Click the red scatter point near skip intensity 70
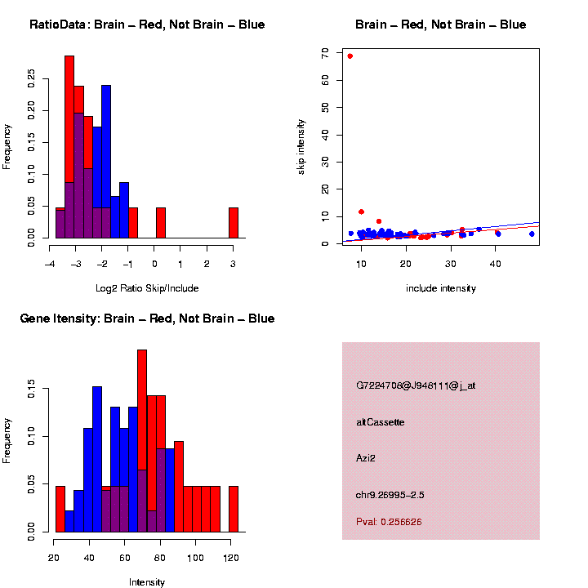click(350, 56)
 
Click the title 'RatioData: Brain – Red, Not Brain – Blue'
click(147, 25)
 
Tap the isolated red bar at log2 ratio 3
click(234, 223)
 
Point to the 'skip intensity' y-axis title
click(301, 146)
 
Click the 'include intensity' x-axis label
click(440, 288)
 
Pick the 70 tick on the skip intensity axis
click(324, 53)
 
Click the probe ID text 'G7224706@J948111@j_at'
click(416, 385)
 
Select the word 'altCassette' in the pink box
click(380, 422)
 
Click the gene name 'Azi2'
click(366, 459)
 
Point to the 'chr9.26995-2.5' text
click(390, 495)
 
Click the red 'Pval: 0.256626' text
click(389, 521)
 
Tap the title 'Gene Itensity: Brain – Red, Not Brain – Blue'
click(147, 318)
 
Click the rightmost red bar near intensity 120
click(234, 509)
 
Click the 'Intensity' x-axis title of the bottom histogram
click(147, 582)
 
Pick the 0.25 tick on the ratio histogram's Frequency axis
click(31, 78)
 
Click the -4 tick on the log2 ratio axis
click(51, 264)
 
